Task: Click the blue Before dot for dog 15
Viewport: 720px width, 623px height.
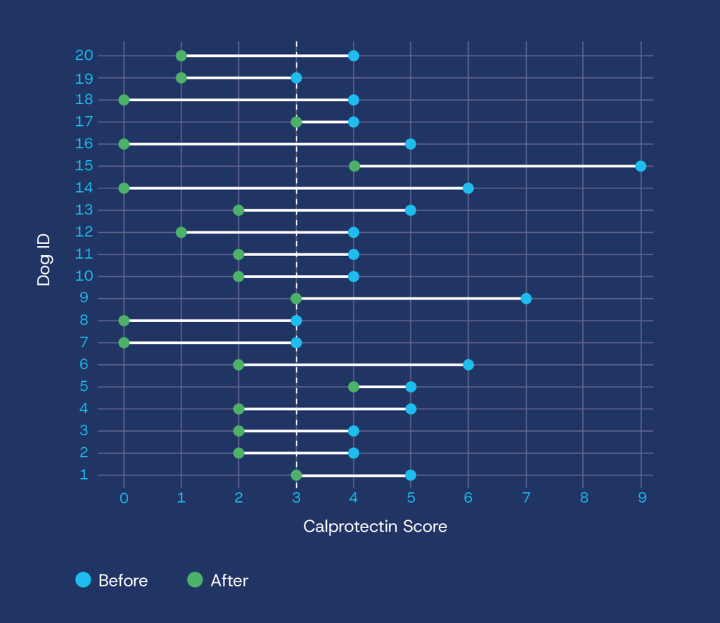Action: pyautogui.click(x=641, y=166)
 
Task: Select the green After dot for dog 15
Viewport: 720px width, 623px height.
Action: pyautogui.click(x=354, y=166)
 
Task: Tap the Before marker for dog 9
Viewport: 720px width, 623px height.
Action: pyautogui.click(x=526, y=298)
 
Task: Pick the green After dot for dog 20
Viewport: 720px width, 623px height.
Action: pyautogui.click(x=181, y=56)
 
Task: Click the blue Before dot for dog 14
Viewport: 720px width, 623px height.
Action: pyautogui.click(x=468, y=188)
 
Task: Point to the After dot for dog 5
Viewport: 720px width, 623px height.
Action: pyautogui.click(x=354, y=387)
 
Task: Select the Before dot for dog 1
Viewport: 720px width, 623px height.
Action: pyautogui.click(x=411, y=475)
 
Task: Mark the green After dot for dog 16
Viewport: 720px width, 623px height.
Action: pyautogui.click(x=124, y=144)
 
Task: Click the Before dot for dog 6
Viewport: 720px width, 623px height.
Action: pyautogui.click(x=468, y=364)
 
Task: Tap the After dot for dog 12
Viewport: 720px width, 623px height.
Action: pyautogui.click(x=181, y=232)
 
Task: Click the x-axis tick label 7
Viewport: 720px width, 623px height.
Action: pyautogui.click(x=526, y=499)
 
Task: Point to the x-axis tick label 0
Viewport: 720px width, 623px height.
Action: pyautogui.click(x=124, y=499)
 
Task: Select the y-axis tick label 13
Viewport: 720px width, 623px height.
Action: pyautogui.click(x=84, y=210)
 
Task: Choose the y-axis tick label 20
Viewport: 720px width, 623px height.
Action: pyautogui.click(x=84, y=56)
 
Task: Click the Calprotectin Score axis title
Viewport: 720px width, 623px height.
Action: pyautogui.click(x=375, y=526)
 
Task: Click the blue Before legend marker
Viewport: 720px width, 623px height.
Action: pyautogui.click(x=84, y=580)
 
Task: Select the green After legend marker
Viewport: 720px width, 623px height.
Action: pyautogui.click(x=195, y=580)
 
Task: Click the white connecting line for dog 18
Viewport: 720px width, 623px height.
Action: pyautogui.click(x=239, y=100)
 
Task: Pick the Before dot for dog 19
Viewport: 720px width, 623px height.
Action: pyautogui.click(x=296, y=77)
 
